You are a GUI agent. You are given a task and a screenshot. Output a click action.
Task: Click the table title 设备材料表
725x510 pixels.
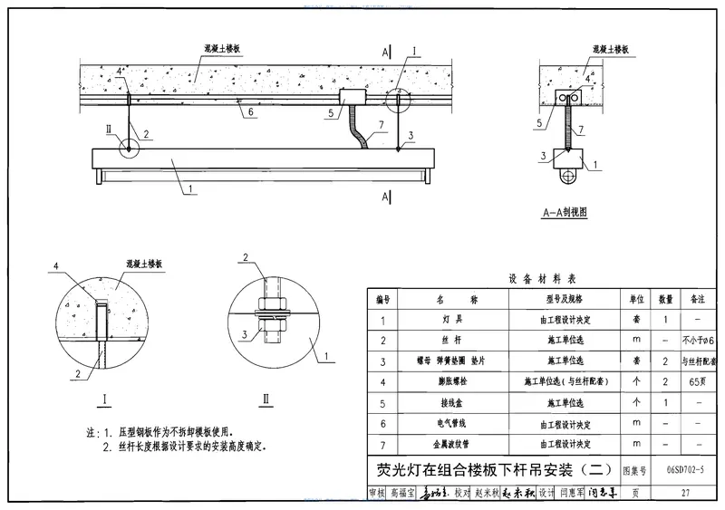pyautogui.click(x=544, y=279)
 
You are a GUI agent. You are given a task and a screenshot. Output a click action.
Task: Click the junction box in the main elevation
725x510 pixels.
pyautogui.click(x=351, y=96)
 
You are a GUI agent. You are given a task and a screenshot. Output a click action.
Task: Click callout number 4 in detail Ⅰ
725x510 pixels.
pyautogui.click(x=56, y=267)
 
